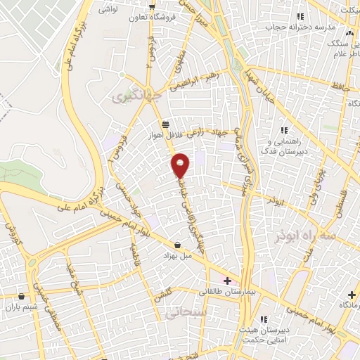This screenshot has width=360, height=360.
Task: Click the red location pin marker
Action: point(181,164)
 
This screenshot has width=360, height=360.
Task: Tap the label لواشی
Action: point(108,10)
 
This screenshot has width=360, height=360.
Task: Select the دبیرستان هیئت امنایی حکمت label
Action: point(264,335)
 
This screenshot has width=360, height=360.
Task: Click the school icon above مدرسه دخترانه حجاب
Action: point(300,15)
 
